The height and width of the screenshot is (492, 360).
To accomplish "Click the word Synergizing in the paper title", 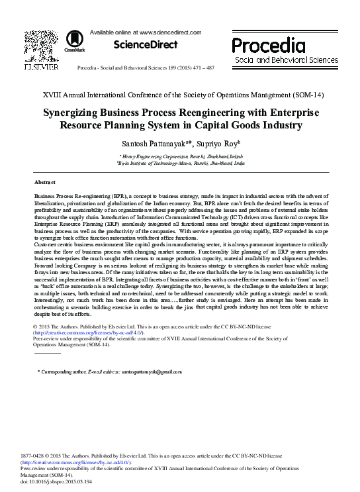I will (x=78, y=113).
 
